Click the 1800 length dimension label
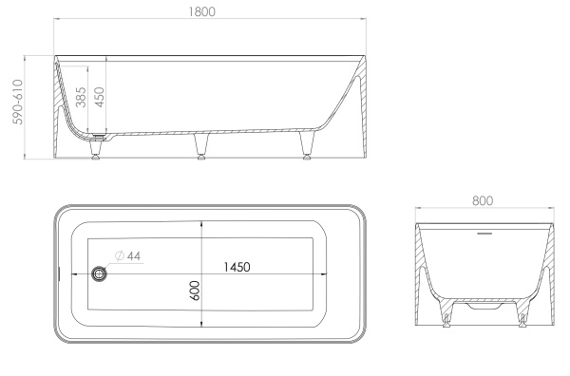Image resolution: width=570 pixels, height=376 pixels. [x=201, y=11]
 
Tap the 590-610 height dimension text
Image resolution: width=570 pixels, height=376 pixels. [x=17, y=103]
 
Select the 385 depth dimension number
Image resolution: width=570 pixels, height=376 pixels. [x=81, y=97]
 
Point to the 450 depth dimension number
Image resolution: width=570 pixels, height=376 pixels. [x=99, y=97]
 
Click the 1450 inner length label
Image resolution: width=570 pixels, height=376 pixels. [x=237, y=267]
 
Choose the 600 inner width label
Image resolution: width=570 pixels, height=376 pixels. [x=195, y=291]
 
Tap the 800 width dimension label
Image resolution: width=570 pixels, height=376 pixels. [x=483, y=200]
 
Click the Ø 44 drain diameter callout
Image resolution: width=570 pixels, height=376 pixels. [x=127, y=255]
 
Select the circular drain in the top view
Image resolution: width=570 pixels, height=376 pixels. [x=99, y=273]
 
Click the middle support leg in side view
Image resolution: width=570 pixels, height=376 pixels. [x=201, y=146]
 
